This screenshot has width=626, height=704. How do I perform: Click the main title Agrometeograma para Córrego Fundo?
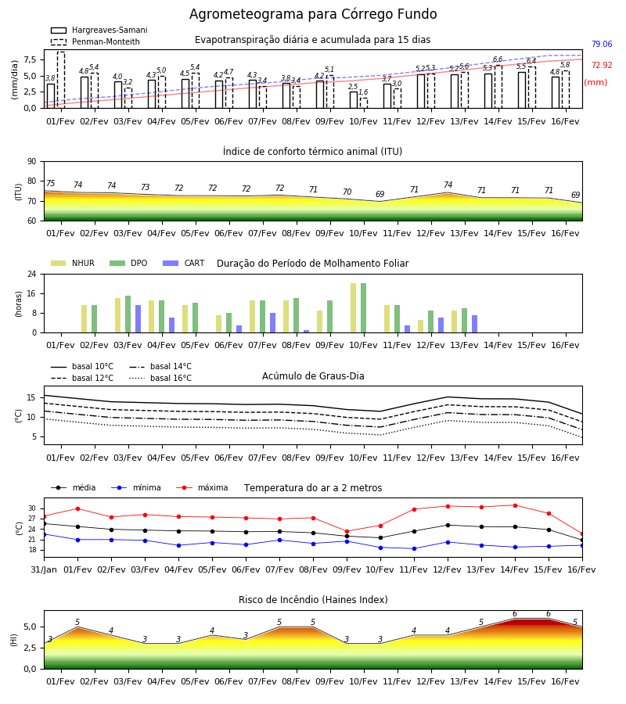tap(313, 14)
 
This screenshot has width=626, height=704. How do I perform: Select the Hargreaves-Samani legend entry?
tap(99, 30)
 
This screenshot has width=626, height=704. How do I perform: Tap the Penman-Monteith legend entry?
tap(95, 41)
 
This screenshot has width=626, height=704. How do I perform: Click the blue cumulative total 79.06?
tap(602, 44)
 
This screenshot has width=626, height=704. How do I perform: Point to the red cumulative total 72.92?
tap(602, 65)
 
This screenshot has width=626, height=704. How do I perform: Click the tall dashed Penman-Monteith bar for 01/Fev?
tap(60, 80)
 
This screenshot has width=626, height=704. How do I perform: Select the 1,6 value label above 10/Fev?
tap(363, 92)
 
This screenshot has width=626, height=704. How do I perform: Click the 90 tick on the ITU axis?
tap(32, 162)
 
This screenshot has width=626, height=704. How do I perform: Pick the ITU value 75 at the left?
tap(50, 183)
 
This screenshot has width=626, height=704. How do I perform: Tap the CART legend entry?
tap(184, 263)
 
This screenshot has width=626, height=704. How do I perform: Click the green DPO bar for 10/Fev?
tap(363, 308)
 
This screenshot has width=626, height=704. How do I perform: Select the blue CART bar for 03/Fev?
tap(138, 319)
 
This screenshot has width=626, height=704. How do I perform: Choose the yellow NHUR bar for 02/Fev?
tap(84, 319)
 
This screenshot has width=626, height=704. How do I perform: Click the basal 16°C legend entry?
tap(160, 378)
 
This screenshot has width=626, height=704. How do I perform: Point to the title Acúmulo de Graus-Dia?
tap(313, 376)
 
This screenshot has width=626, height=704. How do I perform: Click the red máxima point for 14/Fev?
tap(515, 505)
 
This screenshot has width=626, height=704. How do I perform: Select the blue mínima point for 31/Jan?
tap(45, 534)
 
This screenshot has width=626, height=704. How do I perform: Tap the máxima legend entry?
tap(202, 487)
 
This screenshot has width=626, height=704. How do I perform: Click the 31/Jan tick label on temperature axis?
tap(44, 569)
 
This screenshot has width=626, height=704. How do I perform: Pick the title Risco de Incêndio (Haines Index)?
tap(313, 600)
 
